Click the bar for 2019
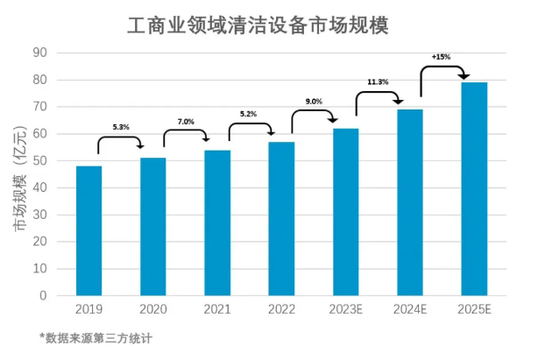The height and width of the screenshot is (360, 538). (x=88, y=230)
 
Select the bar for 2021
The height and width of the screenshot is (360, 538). (x=217, y=222)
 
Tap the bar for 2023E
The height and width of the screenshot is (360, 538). (x=345, y=211)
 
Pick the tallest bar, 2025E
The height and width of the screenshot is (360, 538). (x=474, y=188)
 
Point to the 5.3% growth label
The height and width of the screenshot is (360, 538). (x=121, y=127)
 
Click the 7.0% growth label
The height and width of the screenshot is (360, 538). (x=186, y=121)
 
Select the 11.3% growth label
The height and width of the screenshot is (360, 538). (x=379, y=82)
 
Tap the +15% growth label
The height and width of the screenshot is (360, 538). (x=442, y=57)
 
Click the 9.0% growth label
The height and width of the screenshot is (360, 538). (x=314, y=102)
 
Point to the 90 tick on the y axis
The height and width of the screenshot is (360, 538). (x=39, y=53)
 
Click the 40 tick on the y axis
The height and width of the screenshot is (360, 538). (x=39, y=187)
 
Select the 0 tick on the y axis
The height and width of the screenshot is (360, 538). (x=42, y=295)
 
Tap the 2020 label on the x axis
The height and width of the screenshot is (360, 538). (x=152, y=309)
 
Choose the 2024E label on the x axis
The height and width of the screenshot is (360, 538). (x=409, y=309)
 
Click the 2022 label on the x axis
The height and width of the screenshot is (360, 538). (x=281, y=309)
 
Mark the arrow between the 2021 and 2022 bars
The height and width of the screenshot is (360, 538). (x=250, y=131)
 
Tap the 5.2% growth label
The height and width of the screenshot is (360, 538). (x=249, y=115)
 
